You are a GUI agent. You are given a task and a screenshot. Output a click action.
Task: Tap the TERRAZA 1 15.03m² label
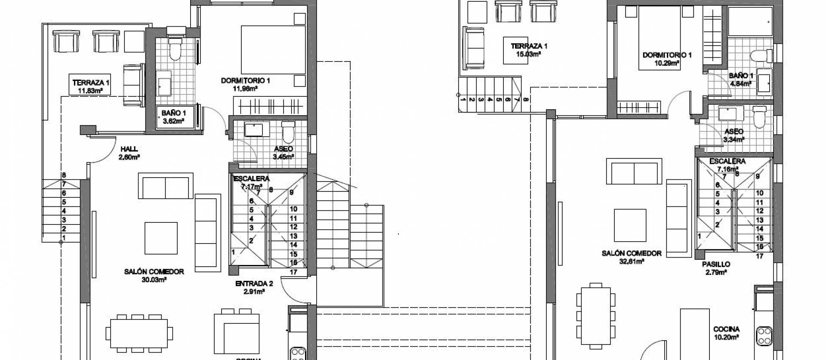tap(529, 50)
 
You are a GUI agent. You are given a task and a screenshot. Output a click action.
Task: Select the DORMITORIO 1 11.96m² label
tap(245, 84)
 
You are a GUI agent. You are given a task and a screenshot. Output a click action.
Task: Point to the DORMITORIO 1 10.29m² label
tap(667, 59)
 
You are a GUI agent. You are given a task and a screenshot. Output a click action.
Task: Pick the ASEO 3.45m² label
tap(284, 153)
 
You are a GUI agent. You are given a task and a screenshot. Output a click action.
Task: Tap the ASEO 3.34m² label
tap(734, 135)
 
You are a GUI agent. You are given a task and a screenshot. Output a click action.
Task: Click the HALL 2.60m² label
tap(129, 153)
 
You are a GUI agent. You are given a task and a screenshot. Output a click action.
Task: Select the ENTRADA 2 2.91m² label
tap(254, 287)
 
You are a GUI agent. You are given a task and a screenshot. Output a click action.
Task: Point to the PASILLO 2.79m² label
tap(716, 268)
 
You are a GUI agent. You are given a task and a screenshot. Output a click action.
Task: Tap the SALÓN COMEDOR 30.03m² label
tap(154, 275)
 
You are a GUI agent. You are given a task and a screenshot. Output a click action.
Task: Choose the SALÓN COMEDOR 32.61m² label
tap(631, 257)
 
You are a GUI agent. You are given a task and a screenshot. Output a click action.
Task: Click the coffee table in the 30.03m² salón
tap(161, 238)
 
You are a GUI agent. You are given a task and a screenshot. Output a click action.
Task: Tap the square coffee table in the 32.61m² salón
tap(630, 225)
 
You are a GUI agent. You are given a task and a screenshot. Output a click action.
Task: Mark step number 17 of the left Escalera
tap(294, 272)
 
